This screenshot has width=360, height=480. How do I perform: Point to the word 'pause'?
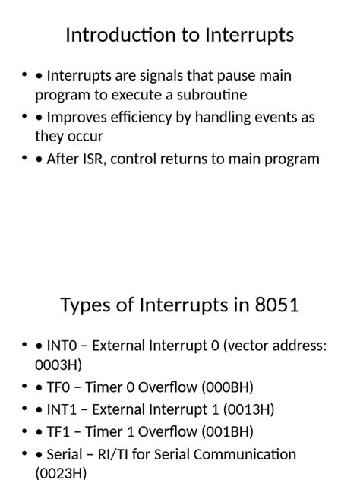tap(232, 75)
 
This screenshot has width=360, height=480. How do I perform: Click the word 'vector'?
tap(255, 346)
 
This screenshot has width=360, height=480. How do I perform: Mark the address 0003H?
tap(58, 365)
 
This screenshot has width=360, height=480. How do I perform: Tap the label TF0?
tap(58, 387)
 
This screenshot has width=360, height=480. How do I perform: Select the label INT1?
tap(61, 409)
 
